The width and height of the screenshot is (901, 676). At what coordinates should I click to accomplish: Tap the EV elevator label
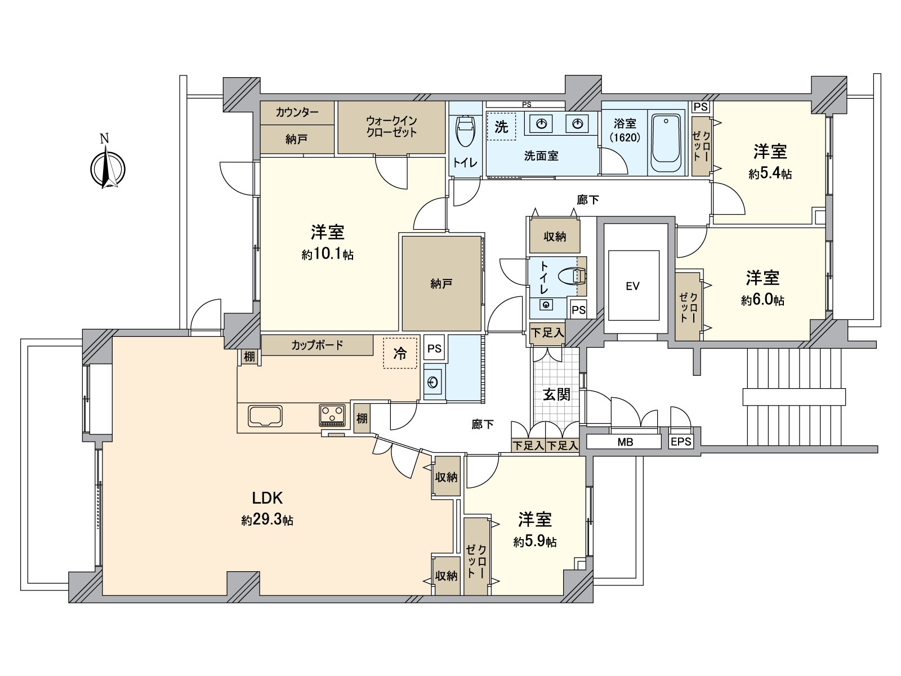tap(632, 286)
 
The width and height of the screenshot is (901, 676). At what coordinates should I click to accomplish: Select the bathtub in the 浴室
tap(667, 144)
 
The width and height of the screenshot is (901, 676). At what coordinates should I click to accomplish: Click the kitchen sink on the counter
tap(265, 416)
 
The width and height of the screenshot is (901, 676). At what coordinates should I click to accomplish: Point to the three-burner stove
tap(332, 416)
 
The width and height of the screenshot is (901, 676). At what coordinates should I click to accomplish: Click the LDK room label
tap(267, 498)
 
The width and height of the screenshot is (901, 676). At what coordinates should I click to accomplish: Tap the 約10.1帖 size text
tap(327, 255)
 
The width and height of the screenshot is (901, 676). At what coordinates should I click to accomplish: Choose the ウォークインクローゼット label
tap(391, 127)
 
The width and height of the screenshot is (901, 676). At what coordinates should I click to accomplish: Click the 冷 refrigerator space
tap(400, 353)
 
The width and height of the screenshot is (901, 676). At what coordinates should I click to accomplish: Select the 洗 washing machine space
tap(501, 127)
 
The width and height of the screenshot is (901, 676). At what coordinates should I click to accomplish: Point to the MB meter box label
tap(625, 442)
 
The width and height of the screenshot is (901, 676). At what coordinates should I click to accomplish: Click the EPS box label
tap(681, 442)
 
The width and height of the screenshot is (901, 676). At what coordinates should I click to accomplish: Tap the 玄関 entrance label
tap(556, 394)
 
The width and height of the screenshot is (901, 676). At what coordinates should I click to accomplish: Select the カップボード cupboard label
tap(317, 345)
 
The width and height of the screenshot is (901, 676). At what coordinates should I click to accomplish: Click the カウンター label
tap(297, 112)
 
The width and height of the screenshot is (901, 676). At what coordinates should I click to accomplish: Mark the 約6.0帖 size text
tap(762, 301)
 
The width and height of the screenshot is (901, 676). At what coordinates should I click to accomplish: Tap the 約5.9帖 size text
tap(535, 542)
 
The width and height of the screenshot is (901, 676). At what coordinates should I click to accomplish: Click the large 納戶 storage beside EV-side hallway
tap(441, 284)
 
